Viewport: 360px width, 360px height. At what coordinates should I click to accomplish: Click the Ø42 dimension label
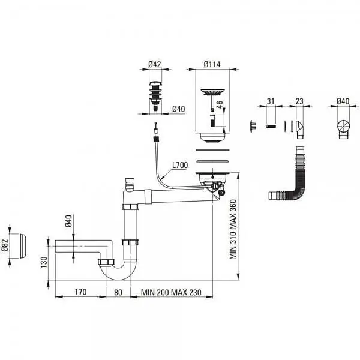[155, 64]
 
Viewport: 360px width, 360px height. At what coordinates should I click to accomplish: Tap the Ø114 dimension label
[212, 64]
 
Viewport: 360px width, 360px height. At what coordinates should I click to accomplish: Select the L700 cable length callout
[180, 165]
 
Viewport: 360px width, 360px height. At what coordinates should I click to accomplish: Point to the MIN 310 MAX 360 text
[233, 229]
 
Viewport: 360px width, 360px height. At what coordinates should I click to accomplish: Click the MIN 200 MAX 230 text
[171, 293]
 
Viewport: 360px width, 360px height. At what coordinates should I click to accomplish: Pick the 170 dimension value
[80, 292]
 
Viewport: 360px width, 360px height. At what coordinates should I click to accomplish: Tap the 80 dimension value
[118, 293]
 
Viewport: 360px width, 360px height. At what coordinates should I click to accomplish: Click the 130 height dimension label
[44, 262]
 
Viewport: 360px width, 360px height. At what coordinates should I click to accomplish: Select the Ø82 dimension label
[5, 245]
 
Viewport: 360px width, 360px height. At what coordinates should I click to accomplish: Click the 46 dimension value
[220, 104]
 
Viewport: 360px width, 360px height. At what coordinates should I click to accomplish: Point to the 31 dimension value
[271, 101]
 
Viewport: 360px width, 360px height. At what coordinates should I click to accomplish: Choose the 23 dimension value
[299, 101]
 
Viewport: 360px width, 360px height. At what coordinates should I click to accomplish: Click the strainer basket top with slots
[212, 92]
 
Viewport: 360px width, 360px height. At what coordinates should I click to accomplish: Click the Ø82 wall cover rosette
[23, 246]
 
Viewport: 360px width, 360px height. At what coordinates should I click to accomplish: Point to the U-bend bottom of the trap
[119, 275]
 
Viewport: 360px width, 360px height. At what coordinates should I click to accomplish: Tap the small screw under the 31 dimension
[271, 126]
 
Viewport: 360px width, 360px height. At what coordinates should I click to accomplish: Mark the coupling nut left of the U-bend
[106, 262]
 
